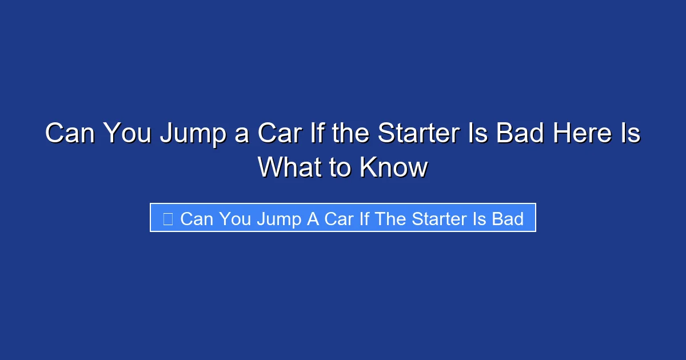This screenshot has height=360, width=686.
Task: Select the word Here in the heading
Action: click(x=579, y=134)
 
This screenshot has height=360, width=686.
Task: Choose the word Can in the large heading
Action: click(x=69, y=134)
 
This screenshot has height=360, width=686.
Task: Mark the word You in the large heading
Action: click(x=126, y=134)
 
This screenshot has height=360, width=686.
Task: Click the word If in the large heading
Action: click(x=324, y=134)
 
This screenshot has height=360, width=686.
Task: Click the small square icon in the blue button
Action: click(x=167, y=218)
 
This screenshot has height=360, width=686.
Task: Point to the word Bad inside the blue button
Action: click(x=508, y=218)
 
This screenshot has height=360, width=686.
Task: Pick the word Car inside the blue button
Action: click(x=338, y=218)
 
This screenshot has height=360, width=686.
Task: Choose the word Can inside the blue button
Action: click(x=196, y=218)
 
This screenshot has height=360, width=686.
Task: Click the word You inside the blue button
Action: click(x=235, y=218)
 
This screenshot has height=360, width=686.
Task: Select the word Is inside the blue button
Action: click(x=478, y=218)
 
